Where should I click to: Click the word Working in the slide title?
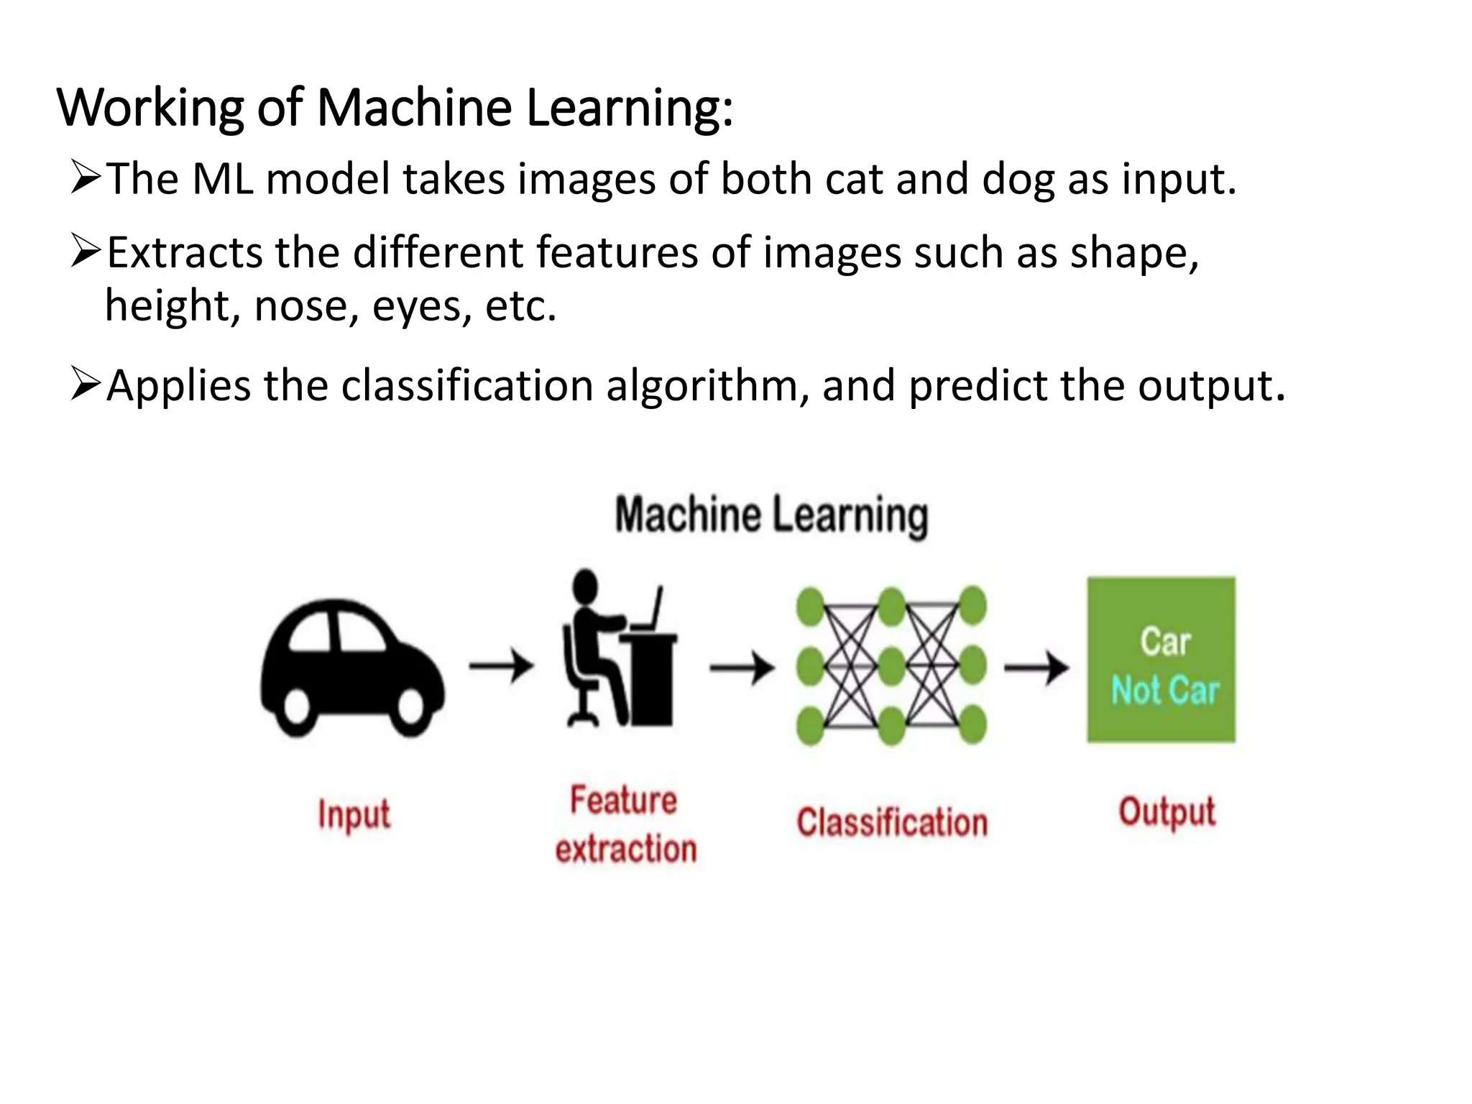point(150,108)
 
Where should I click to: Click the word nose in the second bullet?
point(301,306)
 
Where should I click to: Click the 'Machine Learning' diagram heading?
point(771,515)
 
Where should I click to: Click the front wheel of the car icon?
point(412,707)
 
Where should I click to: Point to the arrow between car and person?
point(502,666)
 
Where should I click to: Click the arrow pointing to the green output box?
point(1036,668)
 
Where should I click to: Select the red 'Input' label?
point(354,815)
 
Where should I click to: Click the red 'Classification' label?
point(892,822)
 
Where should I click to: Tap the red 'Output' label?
point(1167,813)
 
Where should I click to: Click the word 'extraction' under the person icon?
point(626,849)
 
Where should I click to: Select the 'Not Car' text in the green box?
point(1165,690)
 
